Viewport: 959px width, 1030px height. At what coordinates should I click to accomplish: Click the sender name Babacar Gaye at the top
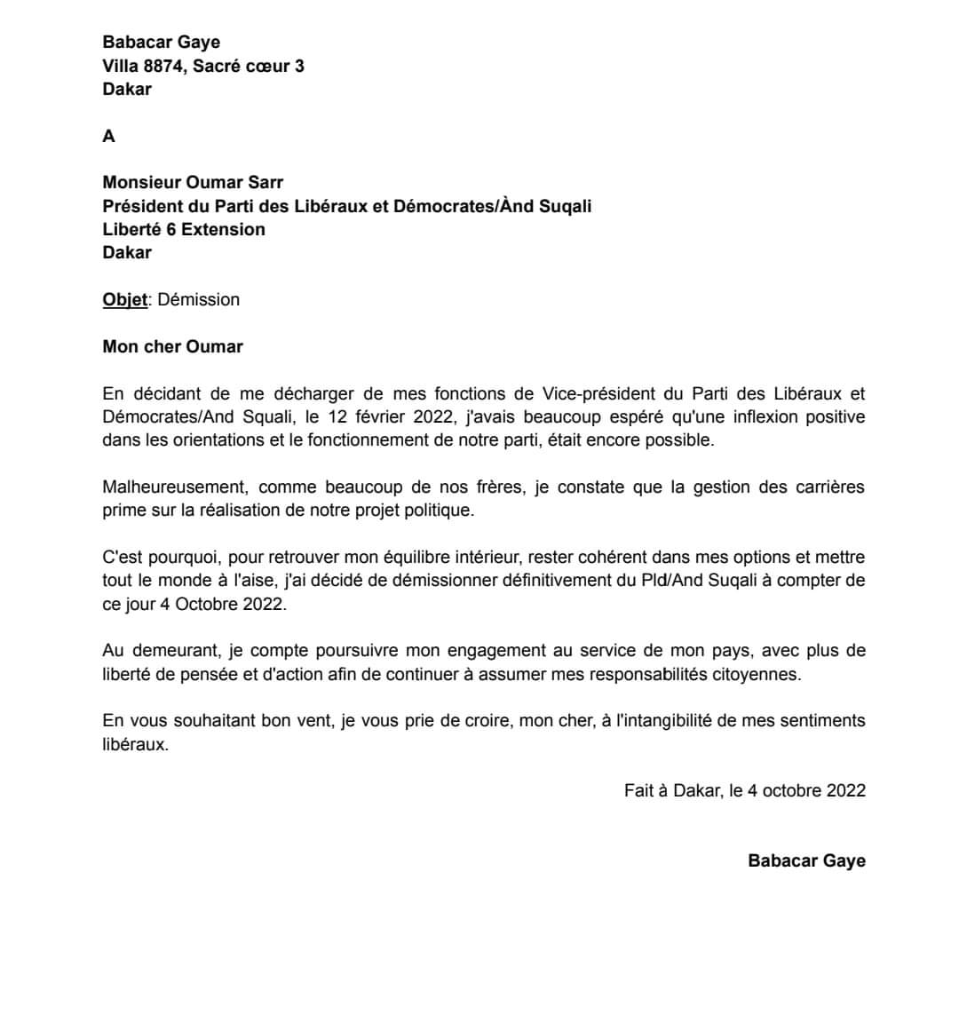[161, 42]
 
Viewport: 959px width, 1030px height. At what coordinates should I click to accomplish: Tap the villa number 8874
[164, 66]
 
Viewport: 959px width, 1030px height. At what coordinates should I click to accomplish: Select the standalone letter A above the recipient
[109, 136]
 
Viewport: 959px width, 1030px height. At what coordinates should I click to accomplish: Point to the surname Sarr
[264, 182]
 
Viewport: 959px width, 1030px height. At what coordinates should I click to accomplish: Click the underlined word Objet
[124, 299]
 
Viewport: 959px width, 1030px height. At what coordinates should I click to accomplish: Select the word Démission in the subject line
[198, 299]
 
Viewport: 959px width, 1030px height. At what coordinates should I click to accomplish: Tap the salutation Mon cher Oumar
[172, 346]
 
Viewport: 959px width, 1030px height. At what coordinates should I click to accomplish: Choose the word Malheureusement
[173, 487]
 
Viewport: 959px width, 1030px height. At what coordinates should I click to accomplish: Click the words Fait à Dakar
[672, 790]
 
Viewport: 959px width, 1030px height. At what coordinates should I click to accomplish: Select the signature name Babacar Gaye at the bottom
[806, 860]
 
